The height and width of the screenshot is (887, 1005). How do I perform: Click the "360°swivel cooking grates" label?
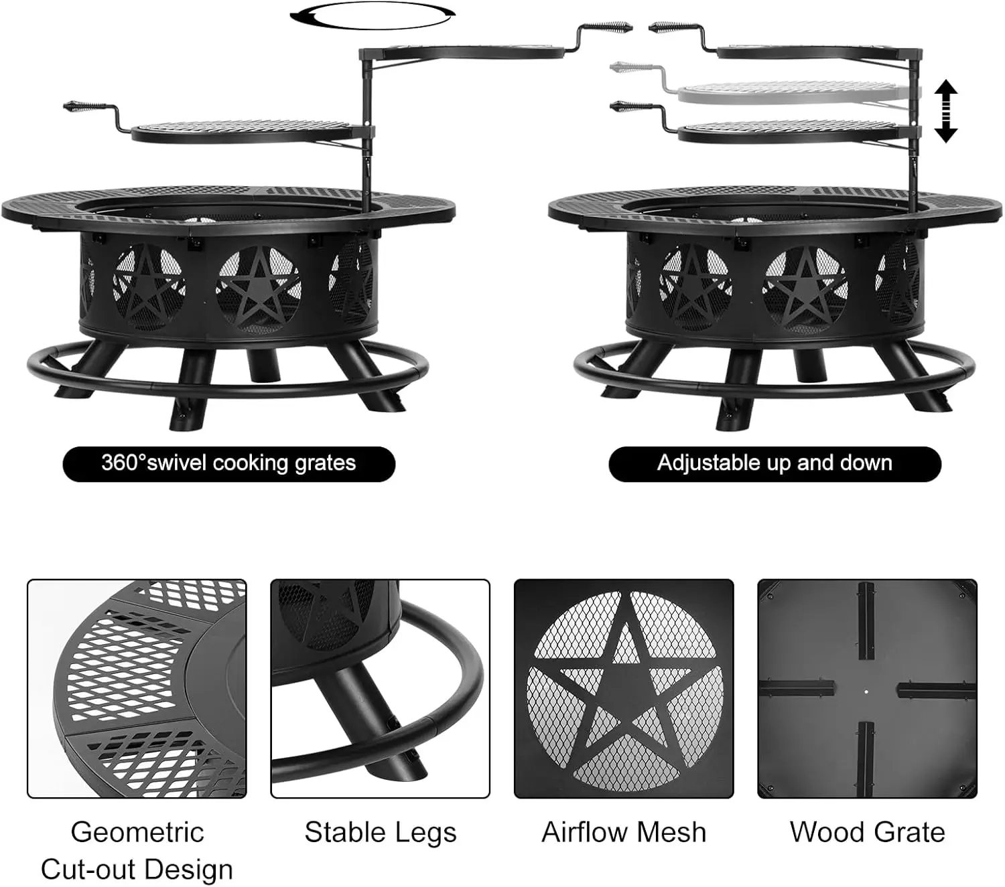pyautogui.click(x=228, y=463)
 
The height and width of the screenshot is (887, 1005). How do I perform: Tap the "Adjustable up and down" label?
pyautogui.click(x=775, y=463)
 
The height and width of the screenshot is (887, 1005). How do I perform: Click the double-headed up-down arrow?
pyautogui.click(x=945, y=111)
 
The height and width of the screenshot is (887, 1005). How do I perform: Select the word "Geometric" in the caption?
pyautogui.click(x=137, y=832)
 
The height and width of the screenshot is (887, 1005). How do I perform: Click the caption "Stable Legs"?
pyautogui.click(x=381, y=833)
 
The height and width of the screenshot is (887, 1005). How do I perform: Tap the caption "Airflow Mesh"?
pyautogui.click(x=624, y=832)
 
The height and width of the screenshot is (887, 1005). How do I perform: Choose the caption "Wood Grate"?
pyautogui.click(x=867, y=832)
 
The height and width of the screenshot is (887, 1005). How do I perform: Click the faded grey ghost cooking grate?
pyautogui.click(x=798, y=92)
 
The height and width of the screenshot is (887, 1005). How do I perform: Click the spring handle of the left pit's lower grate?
pyautogui.click(x=85, y=106)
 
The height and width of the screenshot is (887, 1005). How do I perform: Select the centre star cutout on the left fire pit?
pyautogui.click(x=258, y=289)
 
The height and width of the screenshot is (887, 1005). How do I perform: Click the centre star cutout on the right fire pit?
pyautogui.click(x=805, y=289)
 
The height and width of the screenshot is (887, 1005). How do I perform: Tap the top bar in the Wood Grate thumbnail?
pyautogui.click(x=866, y=621)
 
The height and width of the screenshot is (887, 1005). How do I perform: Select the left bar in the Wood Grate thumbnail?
pyautogui.click(x=797, y=689)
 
